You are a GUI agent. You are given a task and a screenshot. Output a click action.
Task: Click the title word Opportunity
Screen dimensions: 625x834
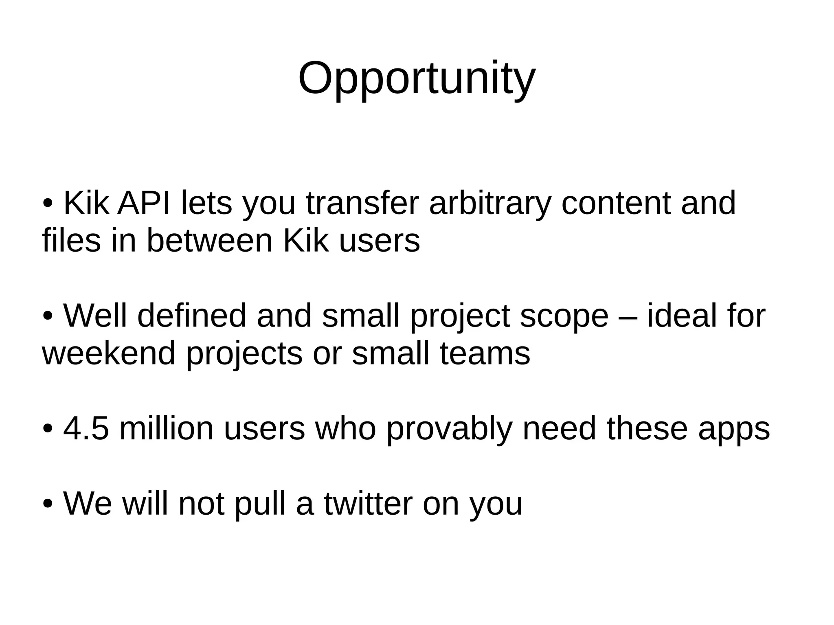417,79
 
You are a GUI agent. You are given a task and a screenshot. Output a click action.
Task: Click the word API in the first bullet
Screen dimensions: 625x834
144,203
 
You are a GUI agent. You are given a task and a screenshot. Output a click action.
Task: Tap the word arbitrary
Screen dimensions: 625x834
490,204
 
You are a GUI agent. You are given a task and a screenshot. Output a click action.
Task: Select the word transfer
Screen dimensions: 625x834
362,203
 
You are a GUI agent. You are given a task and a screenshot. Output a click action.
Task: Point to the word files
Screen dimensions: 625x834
71,240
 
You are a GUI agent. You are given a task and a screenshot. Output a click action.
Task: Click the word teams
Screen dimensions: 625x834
485,353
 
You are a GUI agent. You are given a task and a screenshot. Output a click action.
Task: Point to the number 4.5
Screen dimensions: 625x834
86,428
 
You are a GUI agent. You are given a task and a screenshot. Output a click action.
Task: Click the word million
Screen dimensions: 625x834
166,428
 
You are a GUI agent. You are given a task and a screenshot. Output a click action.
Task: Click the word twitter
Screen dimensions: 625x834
368,504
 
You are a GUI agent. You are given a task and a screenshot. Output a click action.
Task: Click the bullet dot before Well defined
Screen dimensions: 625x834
48,316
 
